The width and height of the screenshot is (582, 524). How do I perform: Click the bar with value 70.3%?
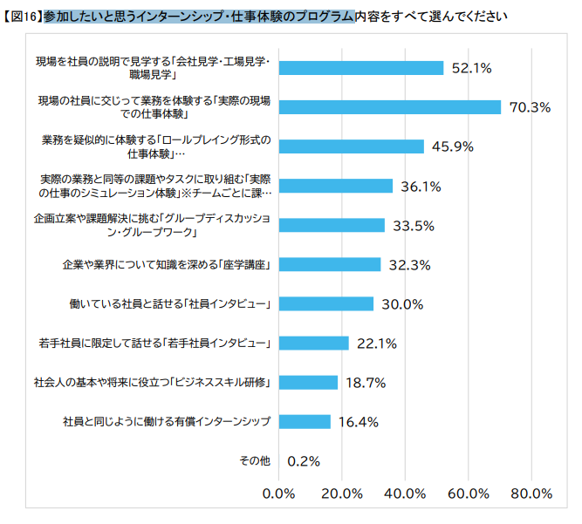pos(390,107)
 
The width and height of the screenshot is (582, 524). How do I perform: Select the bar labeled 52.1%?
pos(361,68)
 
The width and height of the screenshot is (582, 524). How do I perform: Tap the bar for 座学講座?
pos(330,264)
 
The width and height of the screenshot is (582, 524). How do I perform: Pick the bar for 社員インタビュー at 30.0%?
pos(326,303)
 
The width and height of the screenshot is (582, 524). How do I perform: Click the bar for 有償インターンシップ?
pos(305,422)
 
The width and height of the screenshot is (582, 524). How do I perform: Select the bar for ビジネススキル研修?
pos(308,382)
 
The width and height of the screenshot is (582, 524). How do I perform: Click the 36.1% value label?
pos(421,186)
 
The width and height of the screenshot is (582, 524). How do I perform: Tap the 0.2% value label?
pos(304,461)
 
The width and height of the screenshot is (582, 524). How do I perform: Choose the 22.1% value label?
pos(377,343)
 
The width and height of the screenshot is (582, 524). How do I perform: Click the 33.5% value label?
pos(414,225)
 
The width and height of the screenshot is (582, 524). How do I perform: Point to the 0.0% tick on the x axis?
pos(279,493)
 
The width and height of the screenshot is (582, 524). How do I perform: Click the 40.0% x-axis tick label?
pos(405,493)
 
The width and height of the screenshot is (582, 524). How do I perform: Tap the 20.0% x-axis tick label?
pos(342,493)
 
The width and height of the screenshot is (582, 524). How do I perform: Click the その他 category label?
pos(254,460)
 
